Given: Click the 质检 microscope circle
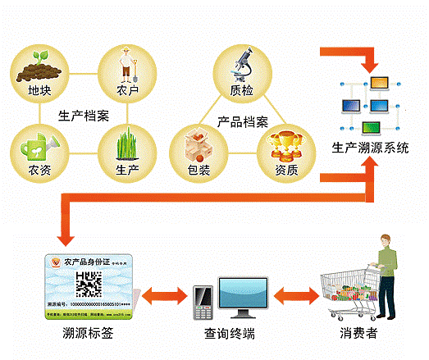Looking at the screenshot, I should [240, 69].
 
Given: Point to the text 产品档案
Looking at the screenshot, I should [242, 122].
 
